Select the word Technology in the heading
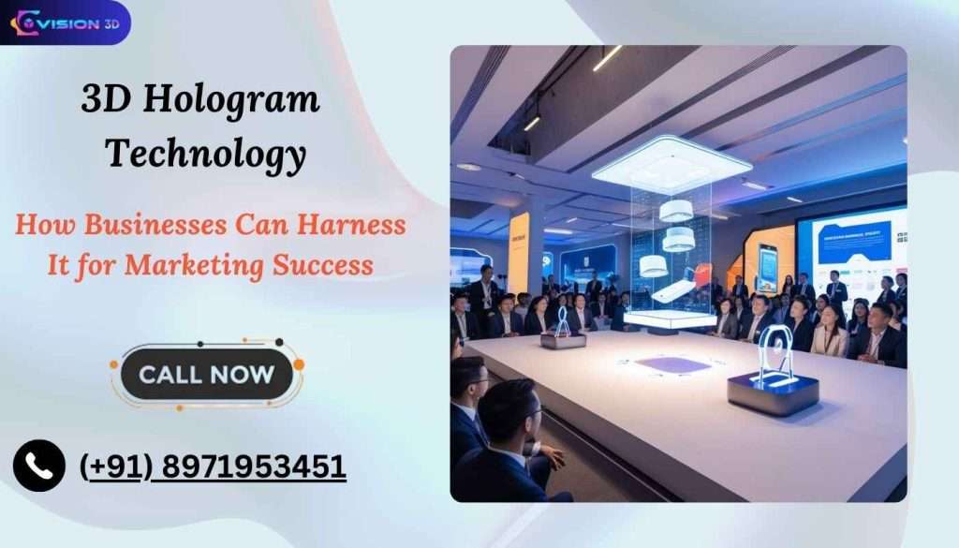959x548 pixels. pos(205,153)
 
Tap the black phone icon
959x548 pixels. pos(39,466)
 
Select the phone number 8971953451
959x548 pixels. pos(252,466)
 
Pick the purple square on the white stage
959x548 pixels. pos(671,364)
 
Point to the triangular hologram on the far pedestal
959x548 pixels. pos(563,320)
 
